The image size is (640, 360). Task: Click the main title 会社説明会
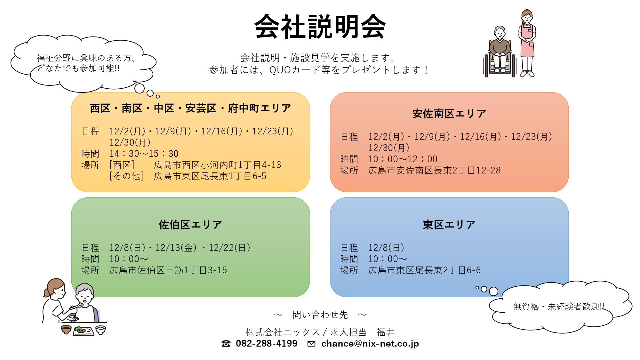(320, 27)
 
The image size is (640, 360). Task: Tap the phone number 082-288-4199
(267, 343)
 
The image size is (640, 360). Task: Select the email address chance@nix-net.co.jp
(370, 344)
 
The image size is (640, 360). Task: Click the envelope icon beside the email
(311, 344)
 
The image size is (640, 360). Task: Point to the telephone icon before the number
(226, 344)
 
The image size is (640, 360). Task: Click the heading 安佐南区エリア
(449, 114)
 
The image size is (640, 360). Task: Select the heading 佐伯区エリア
(190, 225)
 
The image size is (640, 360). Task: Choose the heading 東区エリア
(449, 225)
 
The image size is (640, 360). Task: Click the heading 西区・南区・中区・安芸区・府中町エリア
(190, 108)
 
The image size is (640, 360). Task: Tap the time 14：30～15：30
(144, 154)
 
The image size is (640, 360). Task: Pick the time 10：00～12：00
(403, 159)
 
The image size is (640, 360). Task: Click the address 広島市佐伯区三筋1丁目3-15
(168, 270)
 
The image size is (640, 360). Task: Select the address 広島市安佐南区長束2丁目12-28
(435, 170)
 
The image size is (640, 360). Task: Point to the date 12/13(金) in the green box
(176, 248)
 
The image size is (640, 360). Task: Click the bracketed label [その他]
(127, 176)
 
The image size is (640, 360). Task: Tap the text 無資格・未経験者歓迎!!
(559, 307)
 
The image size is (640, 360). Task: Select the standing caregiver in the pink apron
(527, 43)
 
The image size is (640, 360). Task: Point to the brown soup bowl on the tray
(66, 330)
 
